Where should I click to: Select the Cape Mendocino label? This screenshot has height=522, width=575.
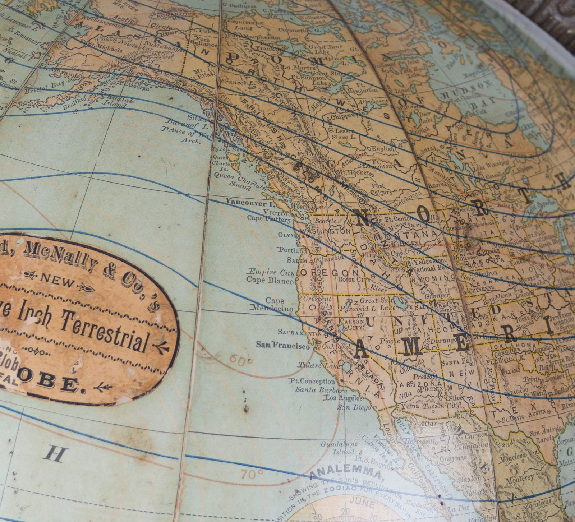(274, 304)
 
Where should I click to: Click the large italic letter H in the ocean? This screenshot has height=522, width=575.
(55, 454)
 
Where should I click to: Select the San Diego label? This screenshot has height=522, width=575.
(354, 407)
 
